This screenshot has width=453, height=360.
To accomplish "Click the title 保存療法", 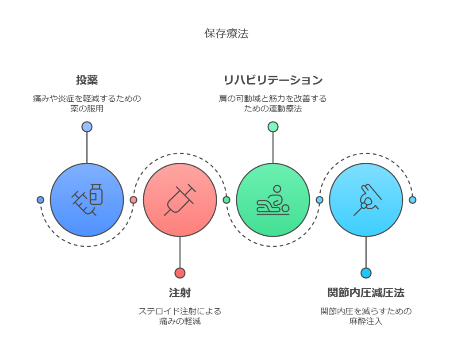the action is [x=226, y=34].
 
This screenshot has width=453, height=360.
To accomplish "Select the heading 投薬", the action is [x=87, y=80].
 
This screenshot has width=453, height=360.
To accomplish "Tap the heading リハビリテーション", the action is [x=273, y=80].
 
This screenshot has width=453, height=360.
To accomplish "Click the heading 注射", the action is [x=180, y=293].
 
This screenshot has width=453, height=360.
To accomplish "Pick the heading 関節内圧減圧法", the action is [x=366, y=293].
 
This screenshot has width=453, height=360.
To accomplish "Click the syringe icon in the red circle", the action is [x=180, y=199].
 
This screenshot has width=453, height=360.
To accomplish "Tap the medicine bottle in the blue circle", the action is [x=96, y=194].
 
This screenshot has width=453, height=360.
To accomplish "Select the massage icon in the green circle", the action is [x=273, y=200].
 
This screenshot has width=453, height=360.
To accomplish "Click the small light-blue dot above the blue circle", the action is [x=87, y=127].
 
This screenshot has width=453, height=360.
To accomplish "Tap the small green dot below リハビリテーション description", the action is [x=273, y=127].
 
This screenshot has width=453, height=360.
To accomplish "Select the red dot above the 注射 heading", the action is [x=180, y=273].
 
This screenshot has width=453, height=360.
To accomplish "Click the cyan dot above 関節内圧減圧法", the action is [x=366, y=273].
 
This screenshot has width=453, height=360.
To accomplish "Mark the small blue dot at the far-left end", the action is [x=40, y=200].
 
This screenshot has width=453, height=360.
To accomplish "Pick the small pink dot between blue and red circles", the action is [x=134, y=200].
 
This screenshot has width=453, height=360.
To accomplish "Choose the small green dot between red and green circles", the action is [x=226, y=200].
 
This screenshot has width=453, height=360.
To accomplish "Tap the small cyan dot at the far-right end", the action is [x=413, y=200].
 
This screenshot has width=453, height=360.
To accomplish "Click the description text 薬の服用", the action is [x=87, y=109].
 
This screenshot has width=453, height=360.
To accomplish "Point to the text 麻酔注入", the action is [x=366, y=321].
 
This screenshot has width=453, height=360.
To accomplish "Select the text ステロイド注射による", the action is [x=180, y=311].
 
